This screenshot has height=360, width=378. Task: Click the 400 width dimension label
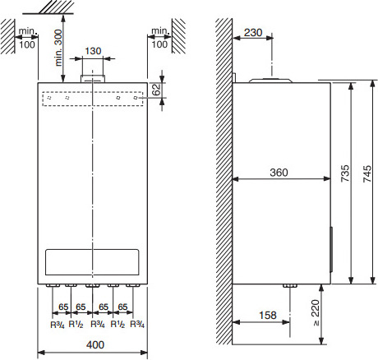(x=95, y=344)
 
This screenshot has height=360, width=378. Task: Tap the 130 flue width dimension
(x=93, y=51)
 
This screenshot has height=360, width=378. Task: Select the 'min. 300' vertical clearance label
(x=58, y=48)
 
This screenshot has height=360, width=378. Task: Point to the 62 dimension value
(x=156, y=90)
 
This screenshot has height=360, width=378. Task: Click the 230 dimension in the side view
(x=253, y=33)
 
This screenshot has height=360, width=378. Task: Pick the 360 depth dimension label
(x=279, y=173)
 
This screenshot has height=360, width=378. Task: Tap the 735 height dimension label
(x=345, y=173)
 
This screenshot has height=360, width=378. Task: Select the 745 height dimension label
(x=367, y=173)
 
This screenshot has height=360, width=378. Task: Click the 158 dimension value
(x=268, y=315)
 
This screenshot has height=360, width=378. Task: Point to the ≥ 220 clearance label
(x=316, y=312)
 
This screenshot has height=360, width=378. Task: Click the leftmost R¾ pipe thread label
(x=58, y=325)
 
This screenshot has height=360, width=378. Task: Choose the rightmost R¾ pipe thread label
(x=137, y=325)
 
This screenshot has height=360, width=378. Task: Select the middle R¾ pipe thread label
(x=98, y=325)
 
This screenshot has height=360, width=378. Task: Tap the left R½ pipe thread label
(x=76, y=325)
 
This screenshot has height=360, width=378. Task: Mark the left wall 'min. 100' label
(x=27, y=38)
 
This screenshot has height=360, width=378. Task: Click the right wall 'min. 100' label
(x=159, y=38)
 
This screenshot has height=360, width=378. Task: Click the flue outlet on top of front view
(x=93, y=79)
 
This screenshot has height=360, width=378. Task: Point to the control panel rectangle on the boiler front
(x=92, y=262)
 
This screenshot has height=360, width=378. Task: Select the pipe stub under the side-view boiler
(x=290, y=286)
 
